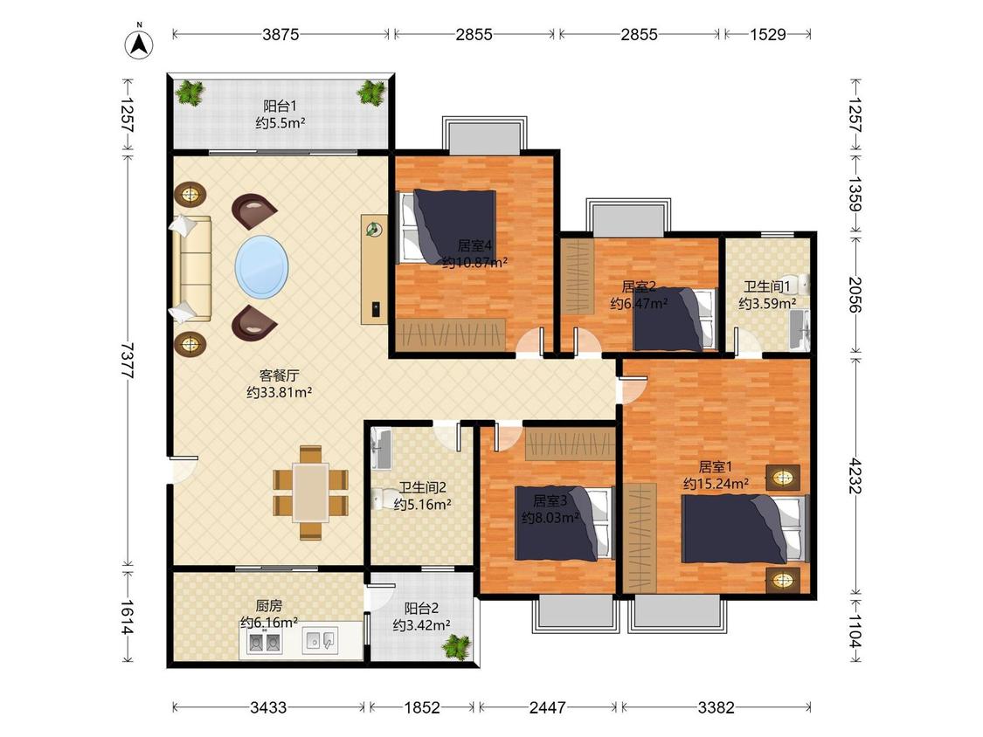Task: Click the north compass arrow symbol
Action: [140, 44]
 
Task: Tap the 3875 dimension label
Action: [280, 34]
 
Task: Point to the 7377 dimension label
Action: [128, 361]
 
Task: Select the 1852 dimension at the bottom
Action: [422, 707]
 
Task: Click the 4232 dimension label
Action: [855, 476]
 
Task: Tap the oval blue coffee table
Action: [262, 267]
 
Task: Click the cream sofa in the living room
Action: [191, 270]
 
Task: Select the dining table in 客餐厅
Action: [310, 492]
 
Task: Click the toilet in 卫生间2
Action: [378, 499]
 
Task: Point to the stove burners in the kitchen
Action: [263, 642]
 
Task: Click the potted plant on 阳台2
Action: [456, 646]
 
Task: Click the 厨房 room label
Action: [268, 606]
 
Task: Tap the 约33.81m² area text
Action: [280, 393]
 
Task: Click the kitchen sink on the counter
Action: [321, 641]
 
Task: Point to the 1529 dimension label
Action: [768, 34]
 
